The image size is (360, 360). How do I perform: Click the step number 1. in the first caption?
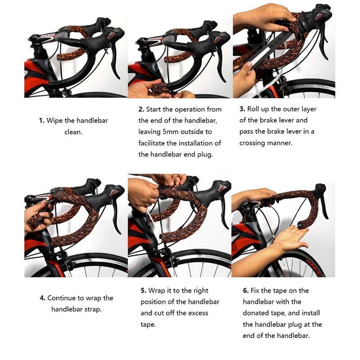pyautogui.click(x=41, y=121)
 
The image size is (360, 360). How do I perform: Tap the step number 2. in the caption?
pyautogui.click(x=141, y=109)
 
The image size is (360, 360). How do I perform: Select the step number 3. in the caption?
pyautogui.click(x=242, y=109)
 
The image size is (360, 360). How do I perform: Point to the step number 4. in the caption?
pyautogui.click(x=42, y=298)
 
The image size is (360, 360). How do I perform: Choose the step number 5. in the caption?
pyautogui.click(x=144, y=291)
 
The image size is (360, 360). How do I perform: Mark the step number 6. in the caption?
pyautogui.click(x=246, y=291)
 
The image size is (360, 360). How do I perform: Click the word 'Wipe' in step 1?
pyautogui.click(x=55, y=121)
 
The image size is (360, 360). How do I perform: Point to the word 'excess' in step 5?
pyautogui.click(x=196, y=313)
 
